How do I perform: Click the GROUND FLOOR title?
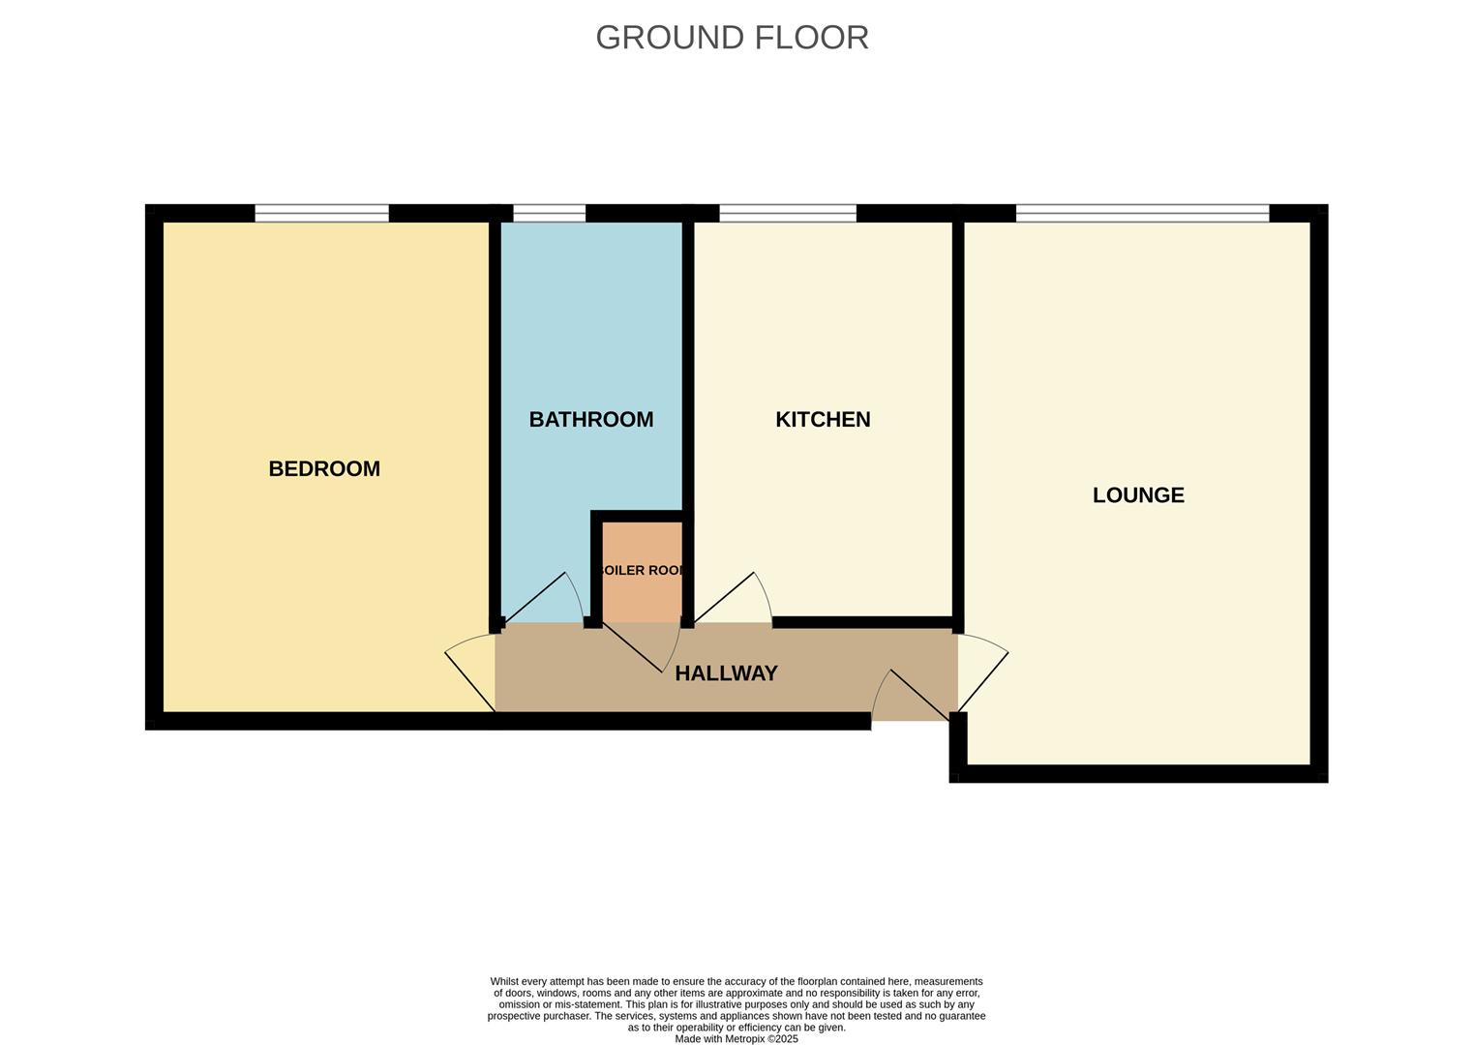tap(732, 38)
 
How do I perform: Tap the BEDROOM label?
tap(324, 469)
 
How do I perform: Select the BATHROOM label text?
tap(590, 420)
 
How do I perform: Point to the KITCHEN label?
tap(823, 420)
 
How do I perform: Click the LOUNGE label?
tap(1138, 495)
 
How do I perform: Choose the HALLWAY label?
tap(726, 673)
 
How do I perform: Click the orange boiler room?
tap(642, 571)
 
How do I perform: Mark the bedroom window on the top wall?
tap(321, 213)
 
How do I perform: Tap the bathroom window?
tap(549, 213)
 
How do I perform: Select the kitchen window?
tap(788, 213)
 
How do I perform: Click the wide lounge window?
tap(1142, 213)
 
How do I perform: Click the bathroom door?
tap(542, 600)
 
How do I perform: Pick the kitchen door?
tap(731, 600)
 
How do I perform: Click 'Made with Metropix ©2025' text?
tap(736, 1039)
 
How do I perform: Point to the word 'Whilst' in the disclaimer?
tap(504, 981)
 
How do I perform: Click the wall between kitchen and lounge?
tap(958, 416)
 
